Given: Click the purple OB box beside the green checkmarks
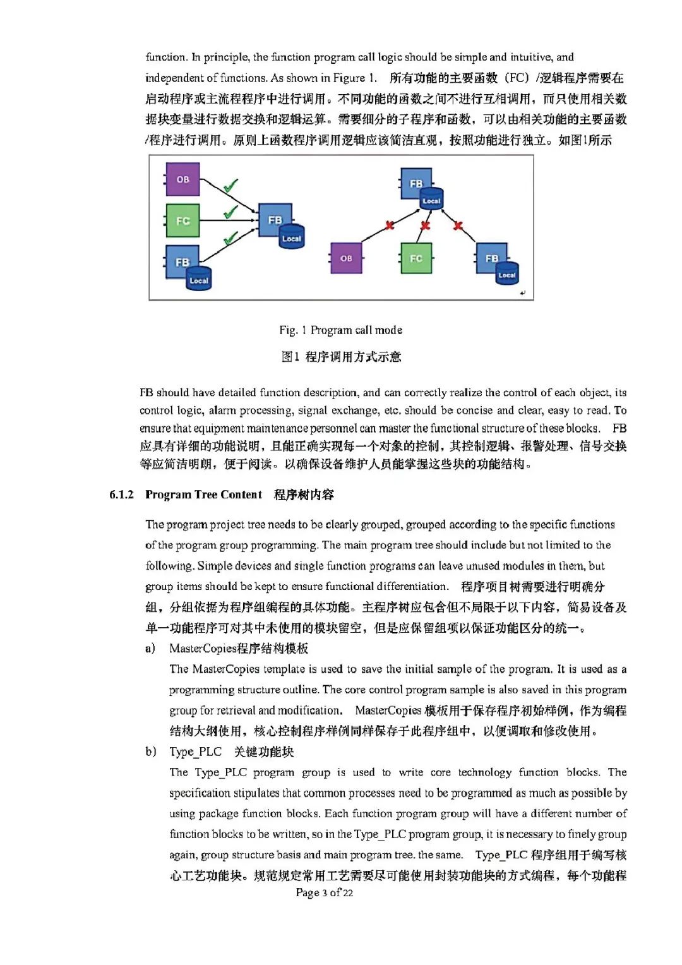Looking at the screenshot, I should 182,179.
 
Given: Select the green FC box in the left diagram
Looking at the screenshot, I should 182,220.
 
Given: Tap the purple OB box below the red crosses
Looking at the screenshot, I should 346,258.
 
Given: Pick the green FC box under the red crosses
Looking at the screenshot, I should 416,258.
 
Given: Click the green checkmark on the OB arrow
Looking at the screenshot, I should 230,186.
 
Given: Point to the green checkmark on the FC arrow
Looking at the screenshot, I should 230,212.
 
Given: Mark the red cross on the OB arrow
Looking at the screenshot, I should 390,225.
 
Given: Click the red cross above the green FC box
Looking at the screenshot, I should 425,225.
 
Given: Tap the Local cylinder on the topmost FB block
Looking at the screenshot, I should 431,200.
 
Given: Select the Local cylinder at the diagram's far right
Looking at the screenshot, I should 506,274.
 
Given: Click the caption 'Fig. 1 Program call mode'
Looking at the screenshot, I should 340,330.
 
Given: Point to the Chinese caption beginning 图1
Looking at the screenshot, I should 341,357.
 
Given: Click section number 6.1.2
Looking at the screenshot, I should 121,494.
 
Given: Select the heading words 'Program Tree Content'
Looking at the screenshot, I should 203,494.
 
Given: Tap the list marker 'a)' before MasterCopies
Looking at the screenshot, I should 150,648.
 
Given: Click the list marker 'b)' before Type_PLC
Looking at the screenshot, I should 150,752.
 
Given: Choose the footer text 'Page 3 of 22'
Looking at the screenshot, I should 324,892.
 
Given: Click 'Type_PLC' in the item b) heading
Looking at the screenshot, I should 195,752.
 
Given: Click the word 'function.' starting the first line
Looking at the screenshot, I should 165,57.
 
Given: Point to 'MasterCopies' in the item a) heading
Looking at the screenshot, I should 203,648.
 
